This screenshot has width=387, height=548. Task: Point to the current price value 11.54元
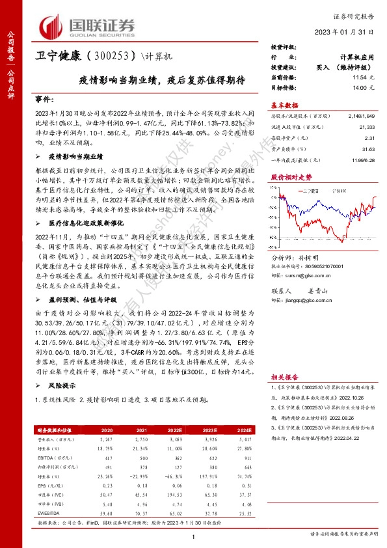pos(365,77)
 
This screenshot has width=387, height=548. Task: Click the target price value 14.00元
pos(365,86)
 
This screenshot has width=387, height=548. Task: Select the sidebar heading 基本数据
pos(284,105)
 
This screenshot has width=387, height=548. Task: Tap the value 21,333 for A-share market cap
pos(367,128)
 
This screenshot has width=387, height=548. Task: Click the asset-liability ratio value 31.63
pos(369,148)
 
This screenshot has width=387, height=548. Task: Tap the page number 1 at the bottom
pos(193,535)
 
